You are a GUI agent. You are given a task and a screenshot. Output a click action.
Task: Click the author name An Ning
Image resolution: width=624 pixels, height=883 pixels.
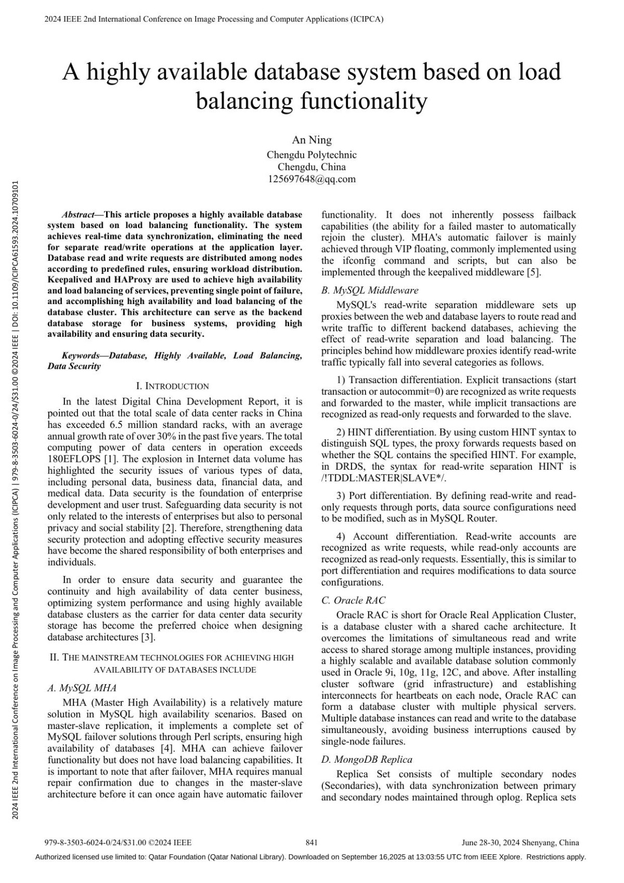pyautogui.click(x=311, y=140)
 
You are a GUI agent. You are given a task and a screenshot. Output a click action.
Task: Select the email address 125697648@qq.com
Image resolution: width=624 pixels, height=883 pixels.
pyautogui.click(x=311, y=179)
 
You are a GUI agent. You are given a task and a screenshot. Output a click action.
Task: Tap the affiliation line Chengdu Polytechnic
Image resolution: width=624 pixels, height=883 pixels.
pyautogui.click(x=311, y=155)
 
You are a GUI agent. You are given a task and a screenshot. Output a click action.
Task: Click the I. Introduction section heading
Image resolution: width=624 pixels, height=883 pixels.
pyautogui.click(x=172, y=386)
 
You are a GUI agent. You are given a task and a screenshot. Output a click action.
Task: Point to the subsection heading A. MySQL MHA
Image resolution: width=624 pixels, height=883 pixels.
pyautogui.click(x=82, y=688)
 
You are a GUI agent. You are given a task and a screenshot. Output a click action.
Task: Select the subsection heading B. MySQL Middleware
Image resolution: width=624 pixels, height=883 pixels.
pyautogui.click(x=370, y=290)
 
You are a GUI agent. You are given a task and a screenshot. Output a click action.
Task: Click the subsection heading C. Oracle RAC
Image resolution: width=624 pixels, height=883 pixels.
pyautogui.click(x=353, y=600)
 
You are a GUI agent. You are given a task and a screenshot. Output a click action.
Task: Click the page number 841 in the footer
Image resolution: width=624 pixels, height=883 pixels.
pyautogui.click(x=311, y=842)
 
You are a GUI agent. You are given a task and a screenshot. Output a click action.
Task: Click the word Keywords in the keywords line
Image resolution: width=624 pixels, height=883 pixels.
pyautogui.click(x=81, y=356)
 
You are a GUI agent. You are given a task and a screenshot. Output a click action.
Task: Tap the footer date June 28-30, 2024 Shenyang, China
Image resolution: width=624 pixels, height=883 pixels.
pyautogui.click(x=520, y=842)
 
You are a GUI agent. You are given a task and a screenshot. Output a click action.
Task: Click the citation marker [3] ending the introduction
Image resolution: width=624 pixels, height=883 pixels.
pyautogui.click(x=148, y=637)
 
